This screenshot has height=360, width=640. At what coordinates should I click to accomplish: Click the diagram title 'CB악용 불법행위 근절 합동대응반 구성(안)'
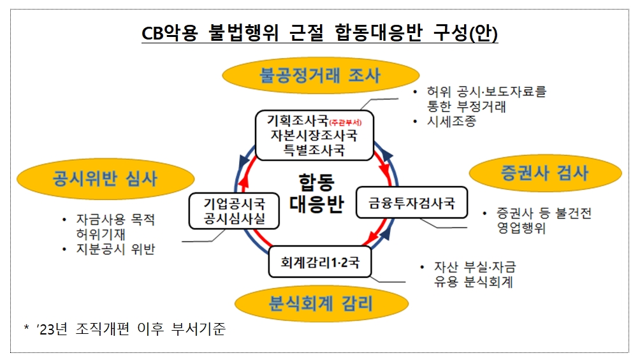[x=319, y=33]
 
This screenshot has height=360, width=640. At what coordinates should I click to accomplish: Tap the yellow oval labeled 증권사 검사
[x=545, y=173]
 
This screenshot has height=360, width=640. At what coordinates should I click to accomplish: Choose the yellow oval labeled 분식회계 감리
[x=321, y=302]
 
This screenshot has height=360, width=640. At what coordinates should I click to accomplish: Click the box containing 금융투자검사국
[x=411, y=203]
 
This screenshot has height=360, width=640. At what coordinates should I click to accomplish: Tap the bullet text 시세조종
[x=452, y=122]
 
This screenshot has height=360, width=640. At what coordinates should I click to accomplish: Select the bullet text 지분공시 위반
[x=115, y=249]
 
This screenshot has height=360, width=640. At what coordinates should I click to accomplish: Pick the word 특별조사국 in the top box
[x=314, y=150]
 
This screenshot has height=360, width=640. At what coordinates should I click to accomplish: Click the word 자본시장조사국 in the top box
[x=314, y=135]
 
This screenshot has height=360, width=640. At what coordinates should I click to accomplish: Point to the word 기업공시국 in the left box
[x=233, y=205]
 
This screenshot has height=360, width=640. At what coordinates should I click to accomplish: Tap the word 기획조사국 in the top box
[x=298, y=120]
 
